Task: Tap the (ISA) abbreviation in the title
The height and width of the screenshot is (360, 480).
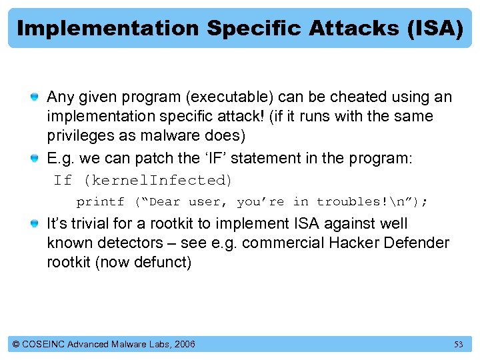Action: click(433, 28)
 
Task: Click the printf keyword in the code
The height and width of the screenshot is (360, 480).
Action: click(100, 201)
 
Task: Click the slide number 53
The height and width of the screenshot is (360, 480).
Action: click(458, 345)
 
